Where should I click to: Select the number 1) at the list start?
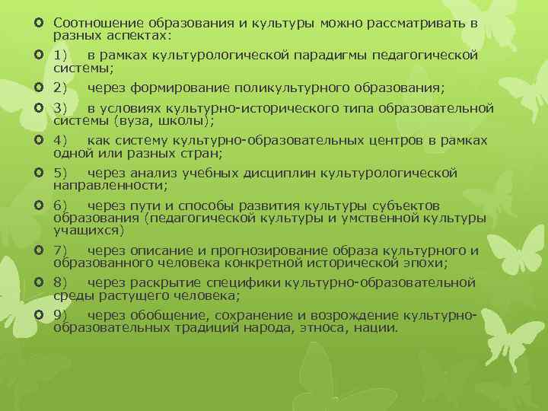(61, 55)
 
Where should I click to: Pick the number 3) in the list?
(61, 108)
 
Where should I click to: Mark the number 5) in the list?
(61, 173)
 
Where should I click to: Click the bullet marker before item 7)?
(38, 250)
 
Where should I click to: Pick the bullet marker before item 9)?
(38, 315)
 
